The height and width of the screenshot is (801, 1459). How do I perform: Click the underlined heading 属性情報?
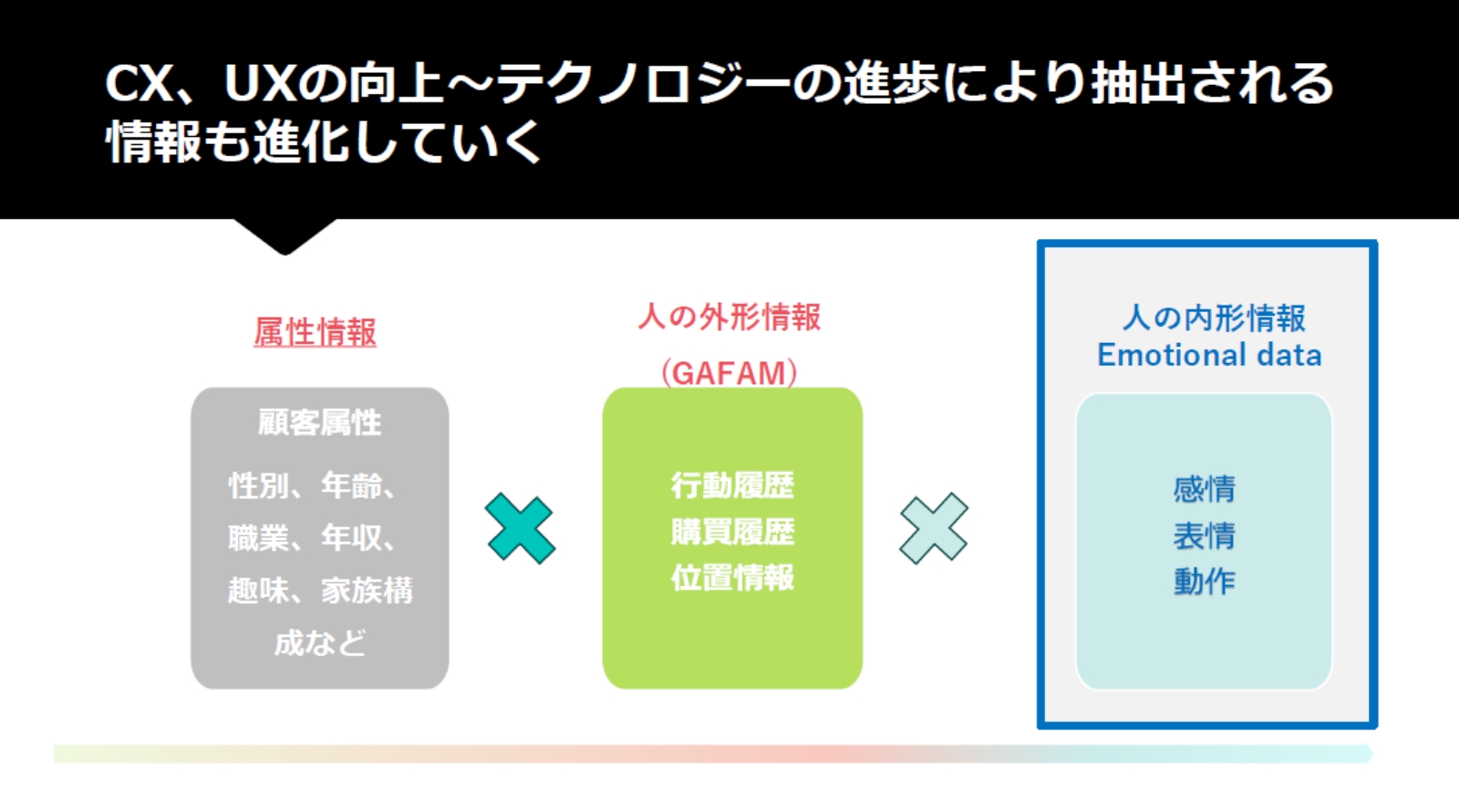coord(316,332)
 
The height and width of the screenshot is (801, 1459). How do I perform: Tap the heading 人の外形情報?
coord(729,317)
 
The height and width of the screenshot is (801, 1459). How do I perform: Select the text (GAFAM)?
coord(729,373)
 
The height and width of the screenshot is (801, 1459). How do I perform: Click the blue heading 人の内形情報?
coord(1214,318)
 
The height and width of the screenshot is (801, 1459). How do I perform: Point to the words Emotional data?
coord(1209,355)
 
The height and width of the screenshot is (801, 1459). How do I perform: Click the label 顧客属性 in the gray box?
coord(319,422)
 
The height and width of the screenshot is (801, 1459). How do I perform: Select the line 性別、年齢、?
coord(312,485)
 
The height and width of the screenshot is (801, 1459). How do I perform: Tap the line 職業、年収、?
coord(312,538)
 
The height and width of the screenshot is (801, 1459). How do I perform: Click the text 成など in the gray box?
coord(320,643)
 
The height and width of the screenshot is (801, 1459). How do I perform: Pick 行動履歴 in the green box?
coord(733,485)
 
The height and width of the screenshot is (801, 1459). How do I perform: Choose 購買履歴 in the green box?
coord(733,532)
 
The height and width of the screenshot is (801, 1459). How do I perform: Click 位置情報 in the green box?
coord(733,577)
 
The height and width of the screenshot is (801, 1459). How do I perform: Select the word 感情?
coord(1205,489)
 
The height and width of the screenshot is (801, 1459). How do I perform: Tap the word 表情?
coord(1205,536)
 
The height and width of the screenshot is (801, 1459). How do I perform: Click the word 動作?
coord(1205,581)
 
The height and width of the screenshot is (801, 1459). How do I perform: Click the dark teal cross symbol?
coord(521,528)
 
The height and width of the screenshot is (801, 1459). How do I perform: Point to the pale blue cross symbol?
coord(934,528)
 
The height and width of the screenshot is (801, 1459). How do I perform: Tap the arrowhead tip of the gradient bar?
coord(1373,754)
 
